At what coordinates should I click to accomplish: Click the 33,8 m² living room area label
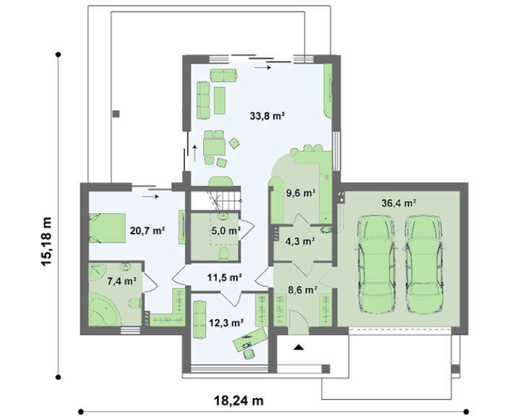267,116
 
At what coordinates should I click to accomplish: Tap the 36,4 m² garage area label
398,203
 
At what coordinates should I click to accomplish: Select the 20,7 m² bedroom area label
147,231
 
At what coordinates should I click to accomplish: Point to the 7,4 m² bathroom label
121,281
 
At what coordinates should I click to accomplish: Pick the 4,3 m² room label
300,241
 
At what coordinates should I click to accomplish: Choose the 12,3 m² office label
226,322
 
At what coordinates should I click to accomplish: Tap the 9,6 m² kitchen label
301,193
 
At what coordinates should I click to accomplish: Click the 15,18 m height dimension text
46,241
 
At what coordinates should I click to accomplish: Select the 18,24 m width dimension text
239,401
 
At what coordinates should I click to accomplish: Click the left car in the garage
377,264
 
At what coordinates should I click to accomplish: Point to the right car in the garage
424,264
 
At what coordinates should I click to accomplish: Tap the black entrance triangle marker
299,347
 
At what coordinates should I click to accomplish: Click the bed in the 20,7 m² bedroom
107,228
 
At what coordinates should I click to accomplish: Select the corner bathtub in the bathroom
104,310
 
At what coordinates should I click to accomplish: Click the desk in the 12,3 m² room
250,339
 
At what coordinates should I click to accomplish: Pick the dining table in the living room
214,147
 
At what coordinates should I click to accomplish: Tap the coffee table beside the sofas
220,101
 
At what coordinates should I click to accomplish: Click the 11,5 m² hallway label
225,277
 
